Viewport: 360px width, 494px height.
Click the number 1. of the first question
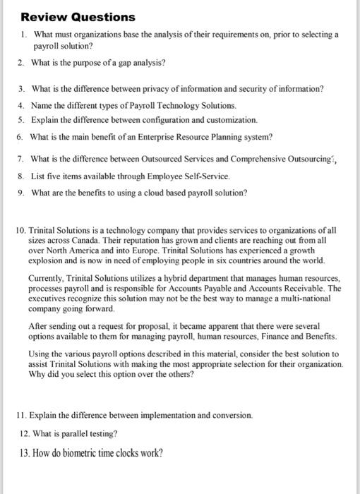click(23, 34)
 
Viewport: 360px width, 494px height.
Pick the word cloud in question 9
click(155, 191)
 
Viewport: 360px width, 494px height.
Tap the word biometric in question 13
click(73, 452)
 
